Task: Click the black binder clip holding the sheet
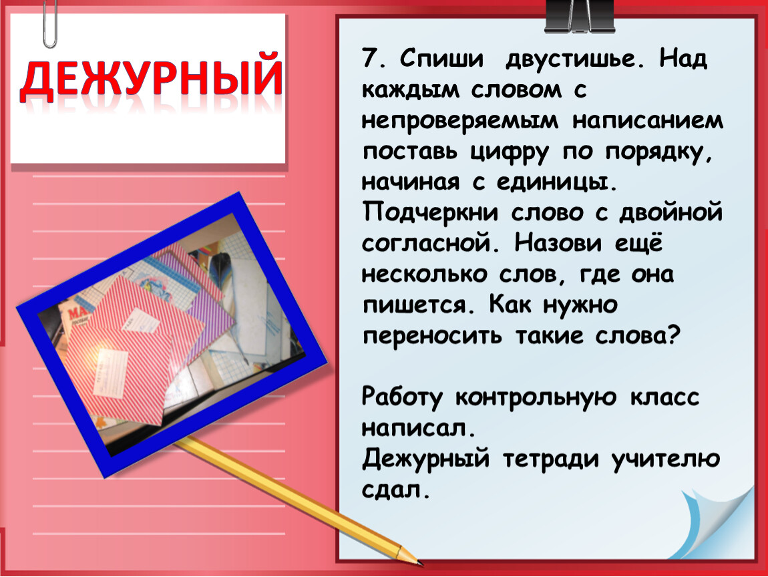coord(580,16)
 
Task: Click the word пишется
coord(419,305)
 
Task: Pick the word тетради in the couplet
coord(550,459)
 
